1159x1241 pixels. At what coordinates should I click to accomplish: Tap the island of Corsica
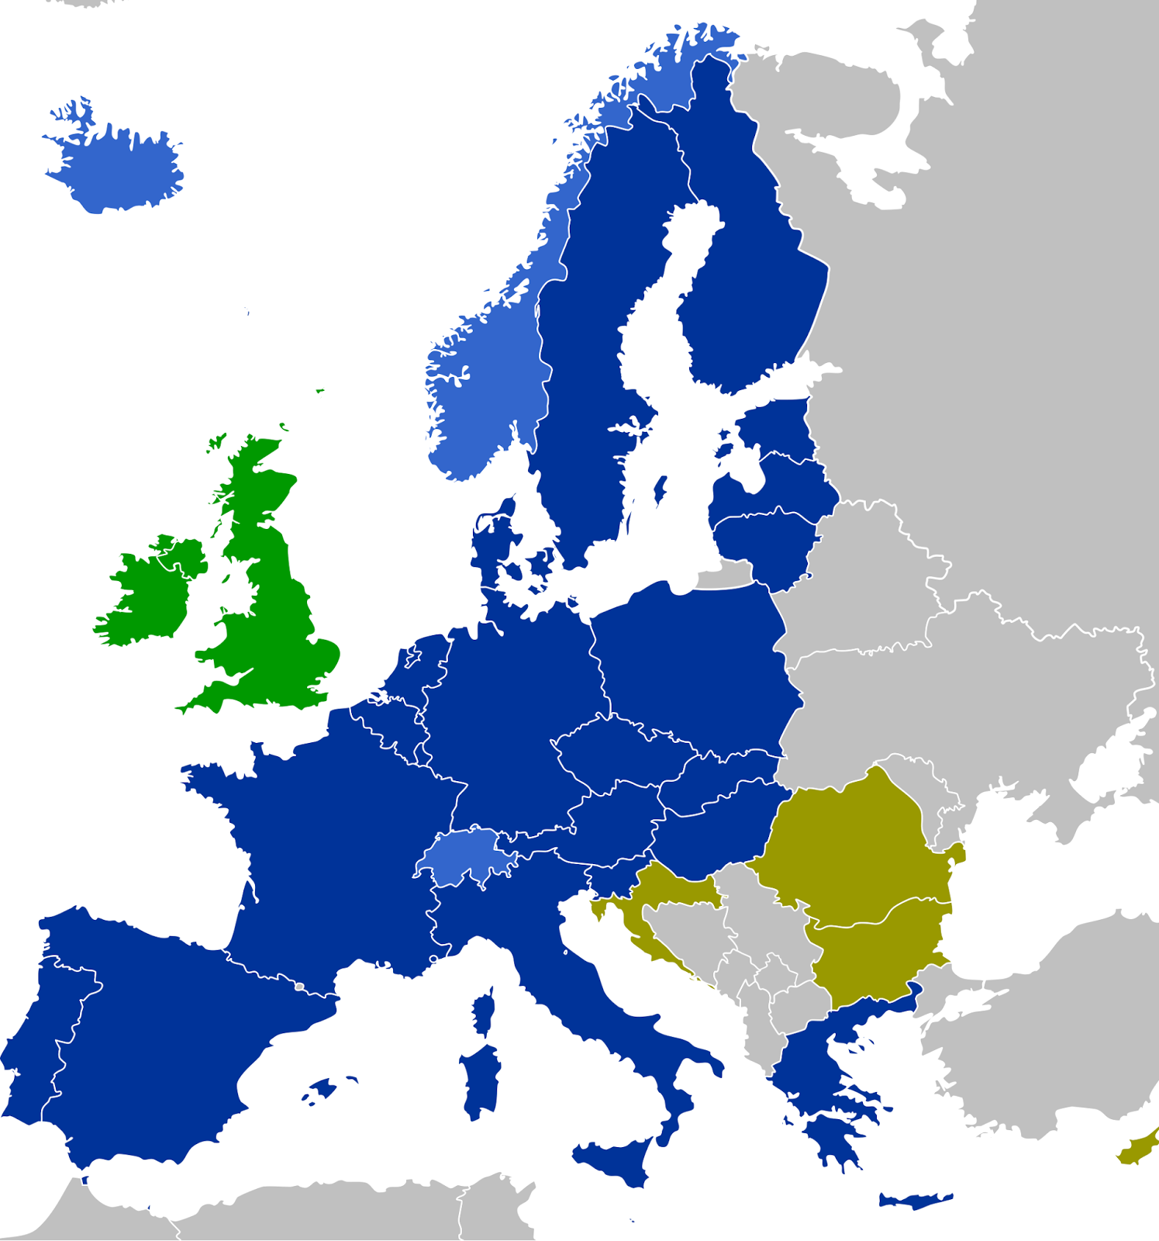coord(485,1012)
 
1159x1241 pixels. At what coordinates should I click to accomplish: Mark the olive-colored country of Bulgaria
coord(876,950)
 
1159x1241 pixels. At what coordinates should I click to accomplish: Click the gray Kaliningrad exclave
coord(721,578)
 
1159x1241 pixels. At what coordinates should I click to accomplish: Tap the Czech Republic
coord(620,748)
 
